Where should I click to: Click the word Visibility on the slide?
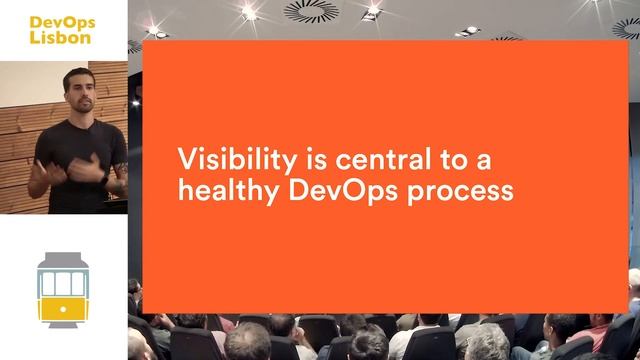pos(222,159)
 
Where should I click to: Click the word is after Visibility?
pos(285,159)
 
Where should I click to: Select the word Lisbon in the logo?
pos(59,37)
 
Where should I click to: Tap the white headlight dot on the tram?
pos(64,309)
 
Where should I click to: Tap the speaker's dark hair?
pos(77,76)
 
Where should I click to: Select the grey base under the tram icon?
pos(64,323)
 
